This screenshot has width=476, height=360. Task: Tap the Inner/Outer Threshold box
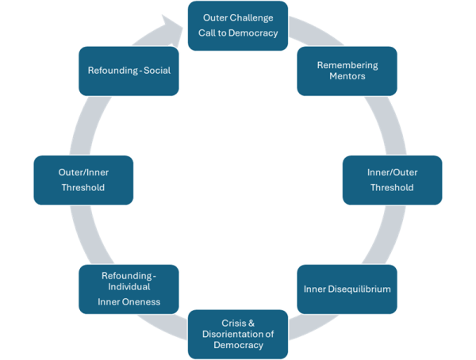(x=391, y=179)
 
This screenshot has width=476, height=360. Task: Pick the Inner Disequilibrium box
(x=347, y=289)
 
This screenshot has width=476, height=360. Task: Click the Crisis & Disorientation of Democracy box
(x=236, y=334)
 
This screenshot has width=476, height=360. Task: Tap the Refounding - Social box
(x=129, y=71)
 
